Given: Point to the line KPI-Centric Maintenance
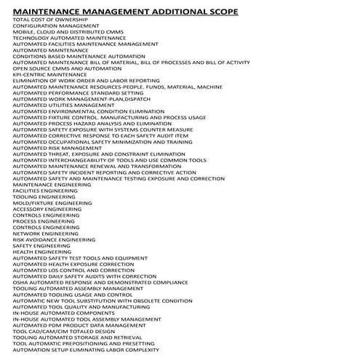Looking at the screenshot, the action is point(49,73).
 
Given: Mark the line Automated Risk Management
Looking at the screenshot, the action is point(57,148).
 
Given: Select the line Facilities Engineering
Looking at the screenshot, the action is point(45,191).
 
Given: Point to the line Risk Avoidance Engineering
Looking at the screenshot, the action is point(54,239).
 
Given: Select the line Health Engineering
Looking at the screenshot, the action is point(42,252).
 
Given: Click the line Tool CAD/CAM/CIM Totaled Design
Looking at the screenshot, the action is point(63,331).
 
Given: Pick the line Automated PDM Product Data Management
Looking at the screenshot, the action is point(79,325).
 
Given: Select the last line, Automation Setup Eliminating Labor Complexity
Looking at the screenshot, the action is point(86,350).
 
